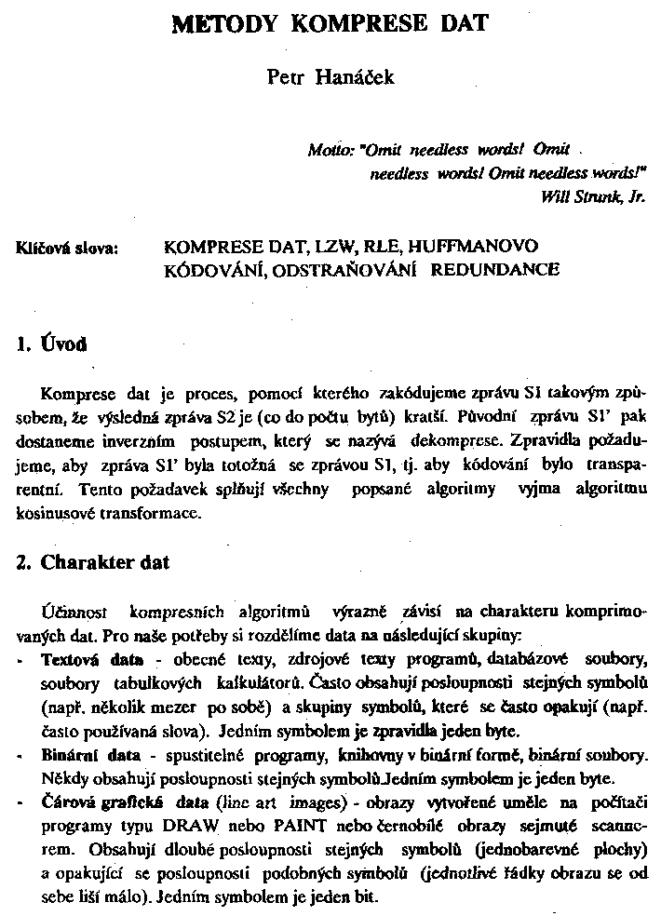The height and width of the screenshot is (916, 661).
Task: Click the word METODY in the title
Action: point(228,23)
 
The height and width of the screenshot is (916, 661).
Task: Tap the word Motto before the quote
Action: point(327,149)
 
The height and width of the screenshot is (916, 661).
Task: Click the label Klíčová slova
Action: point(68,249)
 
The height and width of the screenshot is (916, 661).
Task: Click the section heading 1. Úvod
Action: point(52,344)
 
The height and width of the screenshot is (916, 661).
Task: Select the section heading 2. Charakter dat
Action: point(92,563)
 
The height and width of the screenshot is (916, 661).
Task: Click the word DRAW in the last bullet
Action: point(220,823)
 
